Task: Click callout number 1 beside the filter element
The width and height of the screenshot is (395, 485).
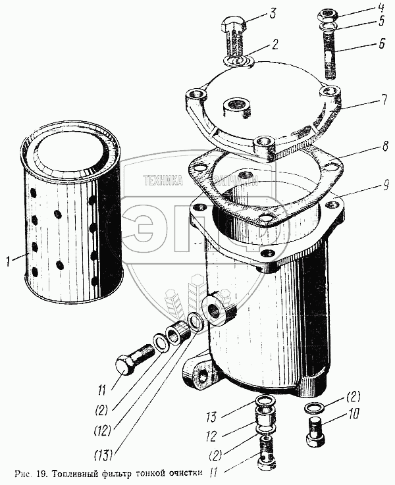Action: coord(8,262)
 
